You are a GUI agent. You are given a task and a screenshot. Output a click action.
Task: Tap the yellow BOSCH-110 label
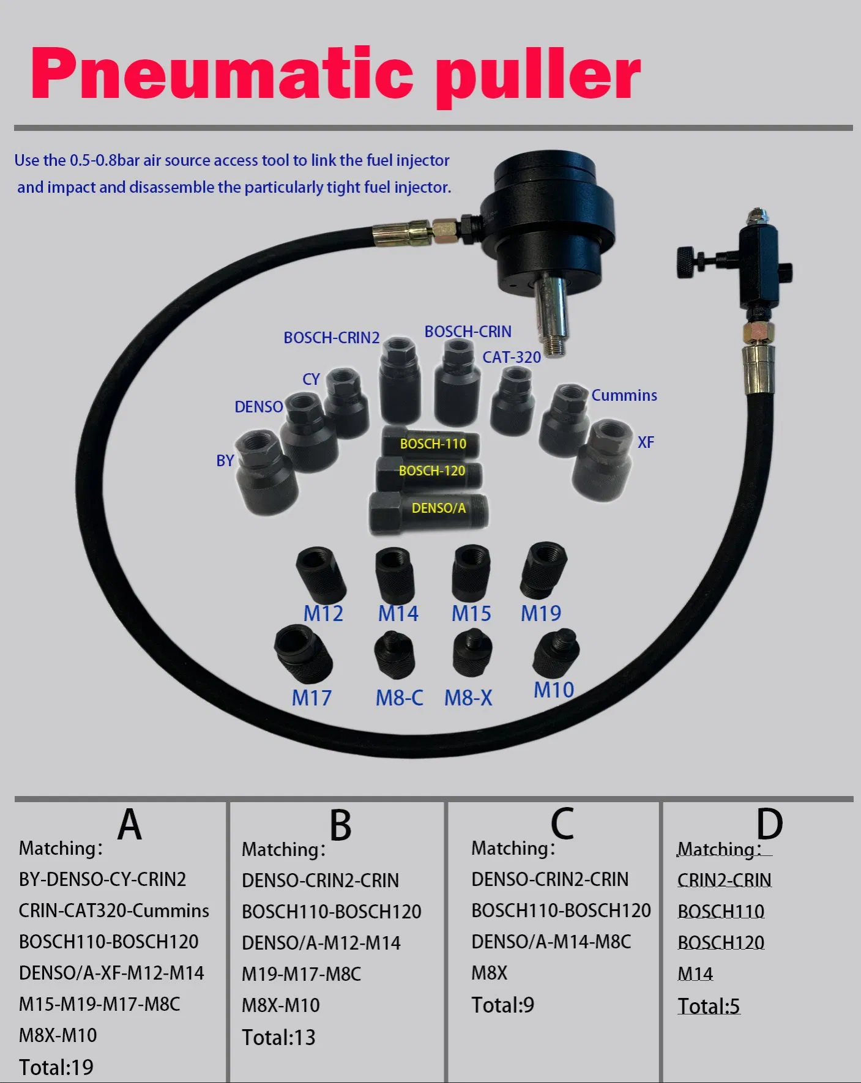(433, 444)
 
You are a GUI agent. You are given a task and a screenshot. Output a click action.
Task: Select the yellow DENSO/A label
(438, 508)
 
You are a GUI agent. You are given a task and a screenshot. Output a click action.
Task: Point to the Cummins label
(624, 395)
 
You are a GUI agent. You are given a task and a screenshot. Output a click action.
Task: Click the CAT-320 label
(512, 357)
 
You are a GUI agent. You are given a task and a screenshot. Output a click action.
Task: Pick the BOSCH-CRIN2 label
(331, 338)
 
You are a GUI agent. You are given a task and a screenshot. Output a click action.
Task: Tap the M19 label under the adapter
(540, 613)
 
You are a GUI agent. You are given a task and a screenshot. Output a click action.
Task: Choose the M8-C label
(399, 698)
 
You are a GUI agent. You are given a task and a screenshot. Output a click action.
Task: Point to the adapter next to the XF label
(603, 459)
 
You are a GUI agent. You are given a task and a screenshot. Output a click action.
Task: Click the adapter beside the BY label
(266, 471)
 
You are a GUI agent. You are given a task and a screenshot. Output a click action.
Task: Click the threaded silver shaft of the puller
(552, 315)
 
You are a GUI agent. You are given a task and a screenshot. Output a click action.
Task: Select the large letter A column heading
(130, 824)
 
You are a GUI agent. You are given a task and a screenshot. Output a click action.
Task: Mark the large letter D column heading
(769, 824)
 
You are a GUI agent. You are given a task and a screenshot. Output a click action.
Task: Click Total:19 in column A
(56, 1067)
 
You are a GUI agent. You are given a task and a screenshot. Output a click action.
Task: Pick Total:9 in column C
(502, 1005)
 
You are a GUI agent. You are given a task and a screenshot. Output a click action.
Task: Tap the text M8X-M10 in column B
(281, 1005)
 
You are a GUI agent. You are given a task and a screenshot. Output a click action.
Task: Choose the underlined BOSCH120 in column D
(721, 942)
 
